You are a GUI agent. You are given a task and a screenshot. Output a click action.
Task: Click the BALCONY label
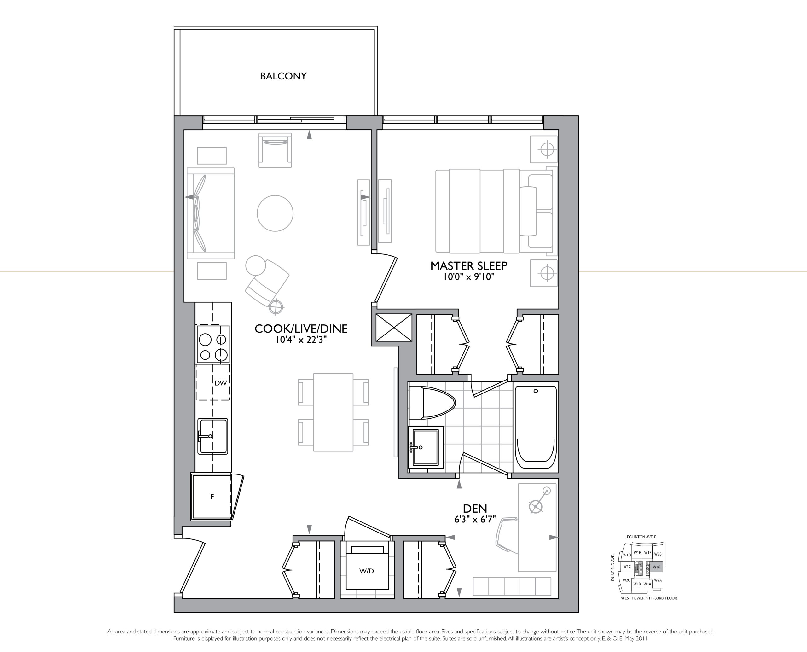coord(283,76)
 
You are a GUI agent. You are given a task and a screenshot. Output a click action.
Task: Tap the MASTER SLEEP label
coord(469,266)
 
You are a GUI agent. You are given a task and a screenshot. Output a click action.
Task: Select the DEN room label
coord(475,509)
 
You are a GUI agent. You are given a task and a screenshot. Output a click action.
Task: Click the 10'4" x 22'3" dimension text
coord(301,340)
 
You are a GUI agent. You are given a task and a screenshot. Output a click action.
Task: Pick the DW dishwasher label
coord(221,383)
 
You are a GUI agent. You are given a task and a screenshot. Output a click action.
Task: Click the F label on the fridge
coord(212,497)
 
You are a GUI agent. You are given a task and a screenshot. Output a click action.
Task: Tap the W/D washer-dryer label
coord(367,571)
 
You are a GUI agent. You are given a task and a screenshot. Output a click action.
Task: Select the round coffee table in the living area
coord(275,213)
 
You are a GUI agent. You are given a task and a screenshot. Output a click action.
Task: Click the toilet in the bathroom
coord(432,403)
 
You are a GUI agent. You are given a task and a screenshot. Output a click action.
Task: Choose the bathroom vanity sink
coord(426,448)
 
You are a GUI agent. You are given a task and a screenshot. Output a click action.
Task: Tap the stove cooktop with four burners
coord(213,344)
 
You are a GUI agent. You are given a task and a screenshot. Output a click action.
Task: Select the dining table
coord(333,412)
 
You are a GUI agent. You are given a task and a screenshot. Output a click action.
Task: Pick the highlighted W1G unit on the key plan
coord(656,567)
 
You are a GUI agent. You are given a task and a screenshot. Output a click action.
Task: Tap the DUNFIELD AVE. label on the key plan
coord(613,568)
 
